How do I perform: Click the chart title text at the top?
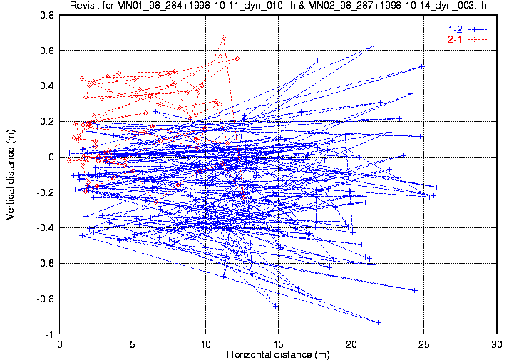click(x=278, y=5)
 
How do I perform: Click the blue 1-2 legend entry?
click(x=468, y=29)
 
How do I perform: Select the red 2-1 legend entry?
click(x=468, y=40)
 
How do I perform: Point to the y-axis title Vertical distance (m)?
click(x=10, y=174)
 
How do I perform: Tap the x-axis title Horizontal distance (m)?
click(x=278, y=354)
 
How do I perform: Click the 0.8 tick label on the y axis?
click(x=47, y=15)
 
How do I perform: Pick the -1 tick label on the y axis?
click(x=49, y=334)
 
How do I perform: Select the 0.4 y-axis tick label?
click(x=47, y=86)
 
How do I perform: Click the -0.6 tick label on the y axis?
click(x=46, y=263)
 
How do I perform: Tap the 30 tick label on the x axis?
click(x=497, y=344)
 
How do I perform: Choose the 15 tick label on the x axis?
click(x=278, y=344)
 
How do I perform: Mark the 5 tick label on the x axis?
click(x=133, y=344)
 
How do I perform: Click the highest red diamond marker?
click(x=224, y=38)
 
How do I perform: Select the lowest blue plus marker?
click(x=378, y=323)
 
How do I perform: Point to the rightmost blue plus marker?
click(x=436, y=187)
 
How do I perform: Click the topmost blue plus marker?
click(x=374, y=46)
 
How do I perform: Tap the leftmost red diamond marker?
click(x=69, y=160)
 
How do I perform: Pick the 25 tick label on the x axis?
click(x=424, y=344)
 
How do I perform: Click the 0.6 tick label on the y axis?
click(x=47, y=51)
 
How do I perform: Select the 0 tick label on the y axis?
click(x=51, y=157)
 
